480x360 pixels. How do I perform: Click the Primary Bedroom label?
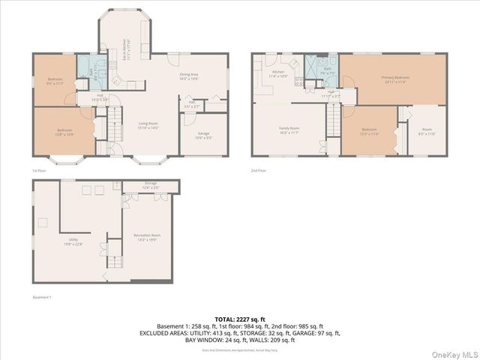click(395, 79)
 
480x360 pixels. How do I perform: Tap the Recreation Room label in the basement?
click(147, 237)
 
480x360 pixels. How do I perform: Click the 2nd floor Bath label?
click(327, 71)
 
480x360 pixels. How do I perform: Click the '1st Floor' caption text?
click(40, 171)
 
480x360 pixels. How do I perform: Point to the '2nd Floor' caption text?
click(259, 171)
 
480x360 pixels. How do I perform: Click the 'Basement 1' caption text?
click(42, 298)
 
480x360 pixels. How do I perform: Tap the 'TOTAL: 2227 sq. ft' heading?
click(238, 320)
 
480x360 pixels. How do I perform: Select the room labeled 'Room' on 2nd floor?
click(427, 130)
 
